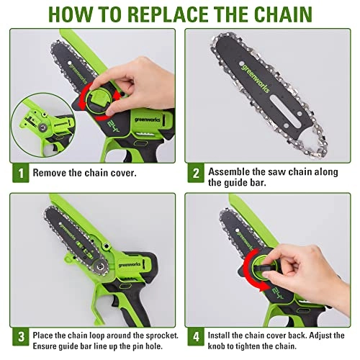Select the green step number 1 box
22,173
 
